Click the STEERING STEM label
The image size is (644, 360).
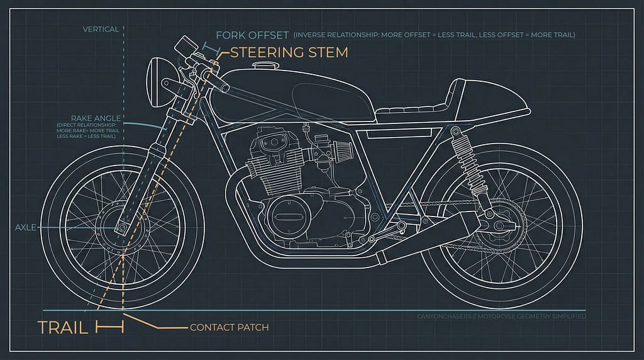point(289,52)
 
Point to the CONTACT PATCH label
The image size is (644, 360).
point(229,327)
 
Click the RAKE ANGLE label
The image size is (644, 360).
point(96,118)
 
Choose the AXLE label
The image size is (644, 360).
point(26,227)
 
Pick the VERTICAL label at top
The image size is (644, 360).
point(101,29)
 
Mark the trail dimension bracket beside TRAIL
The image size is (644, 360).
point(109,327)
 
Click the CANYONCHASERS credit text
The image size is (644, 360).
point(501,316)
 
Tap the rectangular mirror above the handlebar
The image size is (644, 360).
point(184,45)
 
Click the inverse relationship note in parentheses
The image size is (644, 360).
point(434,35)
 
